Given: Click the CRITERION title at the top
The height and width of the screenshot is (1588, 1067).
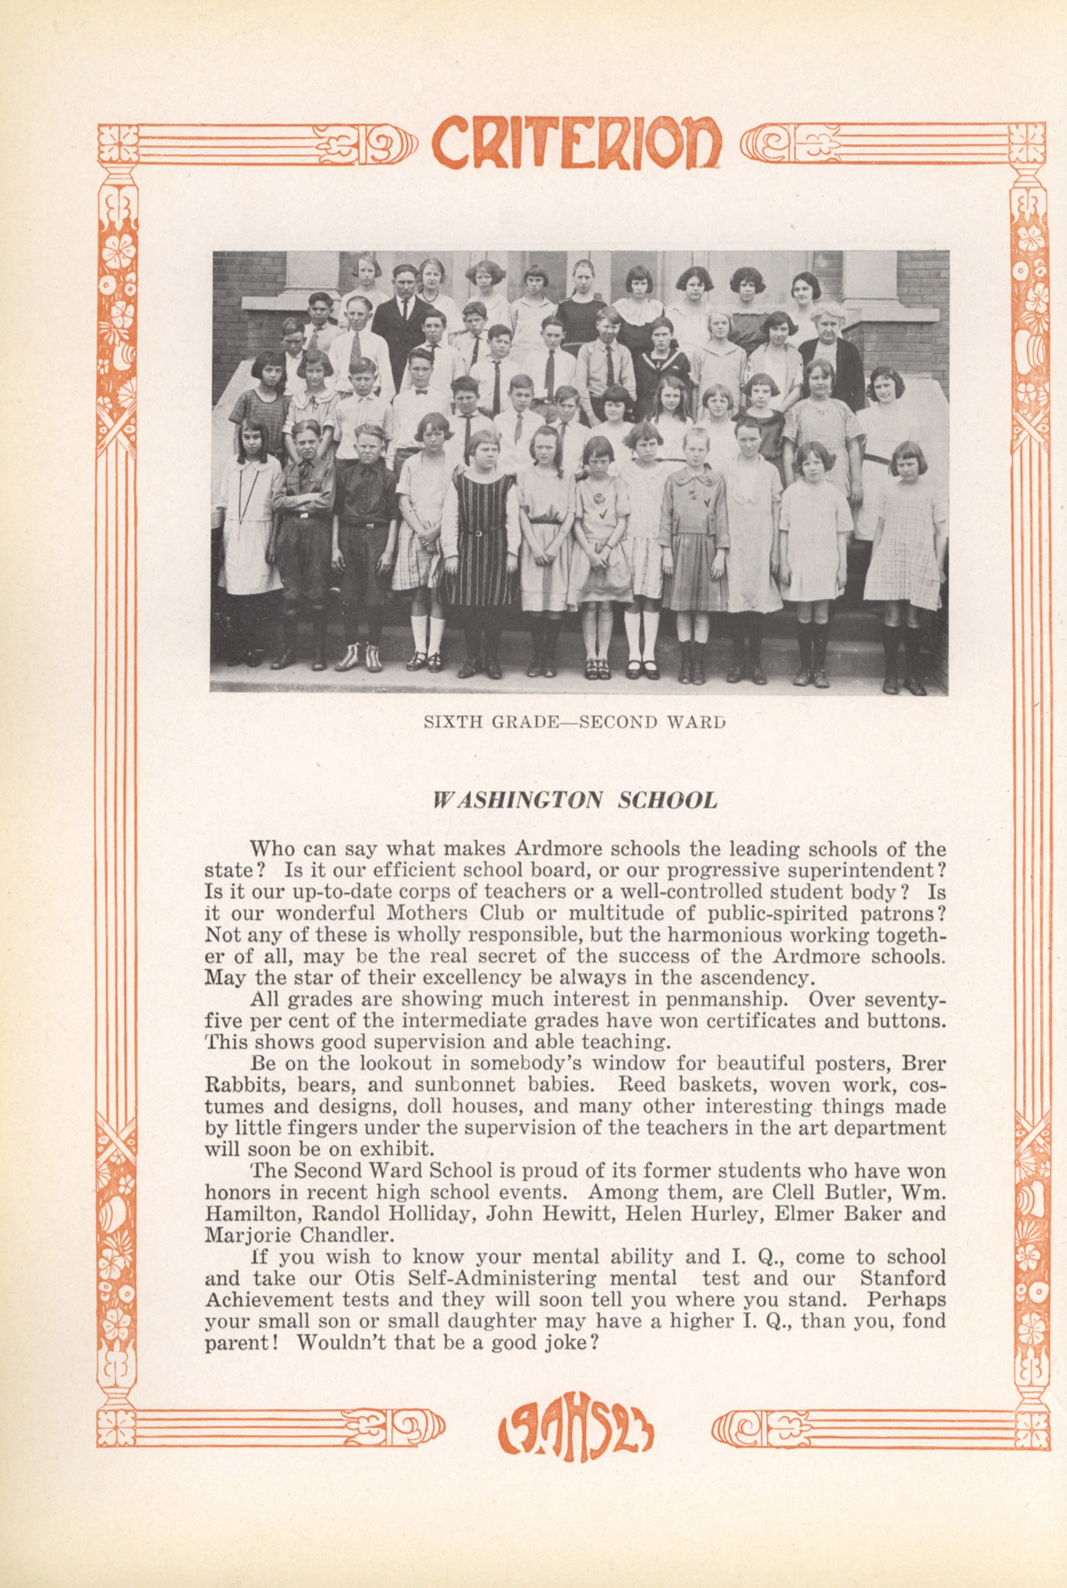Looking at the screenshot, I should (576, 143).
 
